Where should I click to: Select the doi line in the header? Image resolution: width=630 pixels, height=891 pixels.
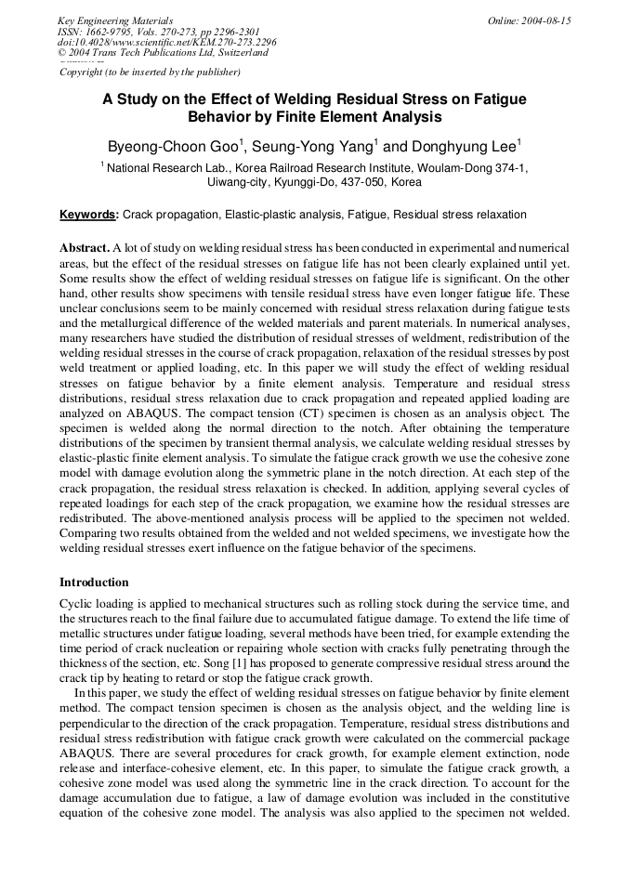[166, 42]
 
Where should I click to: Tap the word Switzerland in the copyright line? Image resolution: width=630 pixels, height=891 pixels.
[238, 53]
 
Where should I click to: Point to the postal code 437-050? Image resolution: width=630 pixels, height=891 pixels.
[357, 183]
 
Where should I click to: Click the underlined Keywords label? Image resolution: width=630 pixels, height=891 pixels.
[88, 215]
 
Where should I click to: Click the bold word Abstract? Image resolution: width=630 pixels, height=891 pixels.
[85, 249]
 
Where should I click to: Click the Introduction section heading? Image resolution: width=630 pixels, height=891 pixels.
[94, 583]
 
